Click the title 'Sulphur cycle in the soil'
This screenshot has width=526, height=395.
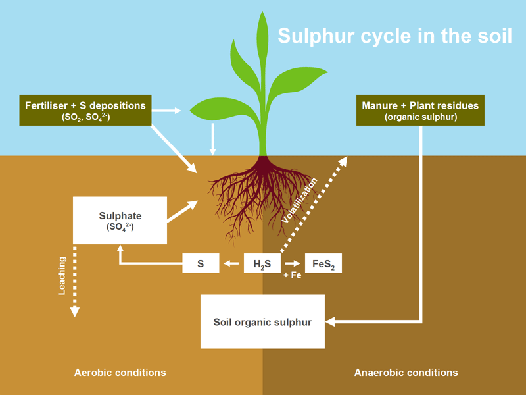click(395, 36)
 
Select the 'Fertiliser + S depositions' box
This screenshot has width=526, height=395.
click(85, 110)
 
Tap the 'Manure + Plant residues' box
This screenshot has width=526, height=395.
click(420, 110)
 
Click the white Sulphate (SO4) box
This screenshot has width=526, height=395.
click(120, 221)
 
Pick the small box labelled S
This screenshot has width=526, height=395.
click(201, 263)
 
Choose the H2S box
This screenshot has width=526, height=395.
click(262, 263)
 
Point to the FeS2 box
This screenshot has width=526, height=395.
click(323, 263)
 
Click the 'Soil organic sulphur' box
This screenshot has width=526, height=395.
click(262, 321)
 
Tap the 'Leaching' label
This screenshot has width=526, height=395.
click(62, 276)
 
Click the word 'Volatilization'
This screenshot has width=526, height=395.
click(299, 201)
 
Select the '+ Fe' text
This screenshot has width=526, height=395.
click(292, 275)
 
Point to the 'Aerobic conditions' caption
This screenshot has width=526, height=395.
click(120, 373)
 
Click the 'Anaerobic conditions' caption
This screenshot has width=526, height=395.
click(406, 373)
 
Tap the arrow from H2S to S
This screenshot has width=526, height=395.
click(231, 264)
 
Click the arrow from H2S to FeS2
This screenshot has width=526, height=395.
click(293, 264)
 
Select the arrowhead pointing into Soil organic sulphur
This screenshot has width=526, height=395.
click(330, 321)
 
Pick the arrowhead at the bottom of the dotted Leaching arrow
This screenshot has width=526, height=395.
click(74, 311)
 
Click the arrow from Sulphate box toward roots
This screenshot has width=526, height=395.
click(183, 211)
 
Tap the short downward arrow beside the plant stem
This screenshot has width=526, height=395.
click(212, 140)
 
